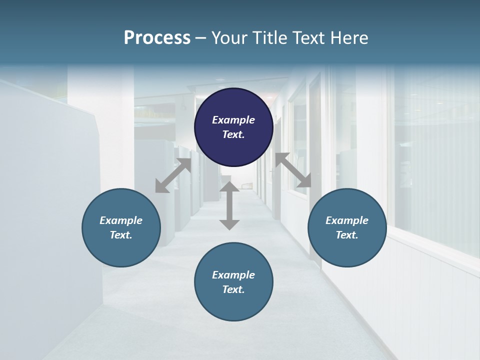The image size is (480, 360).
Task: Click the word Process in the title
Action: [x=157, y=38]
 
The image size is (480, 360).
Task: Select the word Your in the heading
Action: [x=229, y=38]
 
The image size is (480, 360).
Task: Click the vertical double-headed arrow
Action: [x=229, y=205]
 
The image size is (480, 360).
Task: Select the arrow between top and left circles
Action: [x=173, y=175]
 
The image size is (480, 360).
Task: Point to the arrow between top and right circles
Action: [x=293, y=170]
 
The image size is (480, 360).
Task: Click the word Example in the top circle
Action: [x=233, y=120]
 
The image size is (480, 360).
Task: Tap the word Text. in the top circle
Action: [x=233, y=134]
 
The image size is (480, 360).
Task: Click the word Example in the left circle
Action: [x=121, y=220]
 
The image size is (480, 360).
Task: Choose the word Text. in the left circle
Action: [x=121, y=235]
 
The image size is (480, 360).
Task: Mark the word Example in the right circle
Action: [x=347, y=220]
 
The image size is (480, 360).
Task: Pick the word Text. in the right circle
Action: [x=347, y=235]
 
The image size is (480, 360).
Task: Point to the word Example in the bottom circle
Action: [x=233, y=275]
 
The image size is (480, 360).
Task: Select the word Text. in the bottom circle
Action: [x=233, y=289]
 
